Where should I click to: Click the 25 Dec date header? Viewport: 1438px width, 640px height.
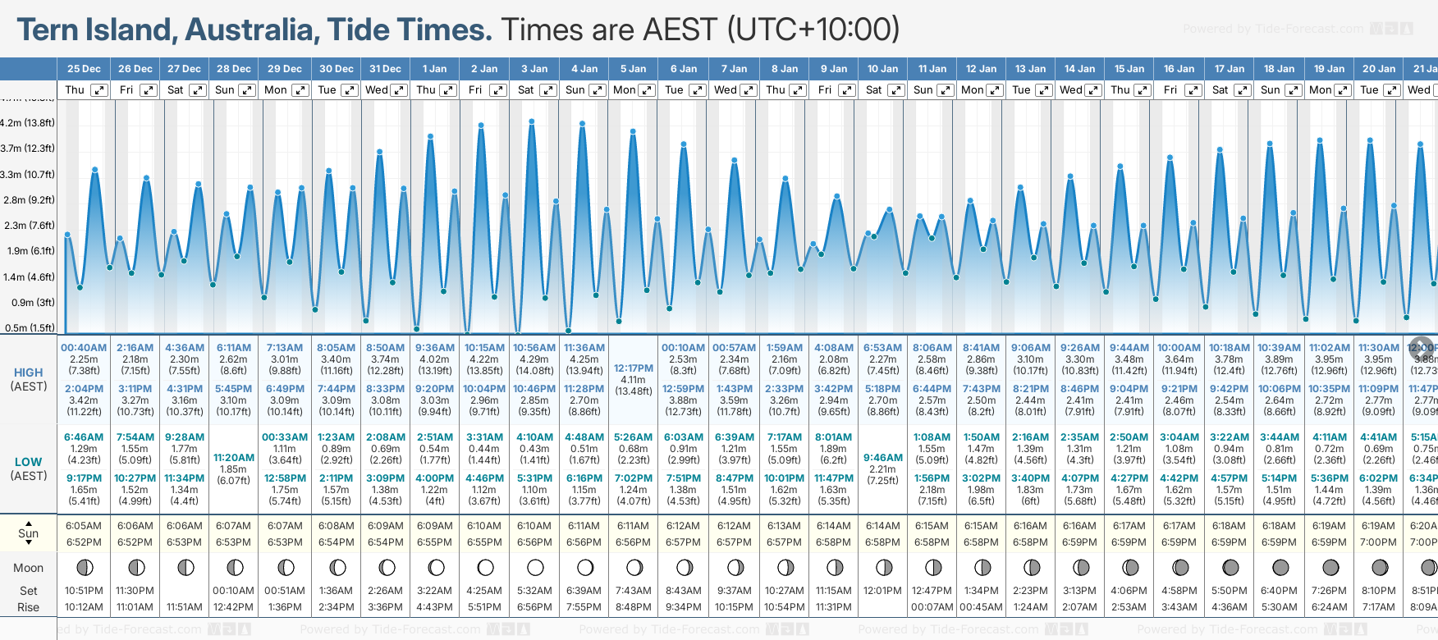click(x=84, y=69)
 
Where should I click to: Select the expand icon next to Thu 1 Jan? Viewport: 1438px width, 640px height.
click(x=447, y=90)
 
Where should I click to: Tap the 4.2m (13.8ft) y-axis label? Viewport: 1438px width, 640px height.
click(x=28, y=123)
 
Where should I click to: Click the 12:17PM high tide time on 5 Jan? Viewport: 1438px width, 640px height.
click(x=634, y=368)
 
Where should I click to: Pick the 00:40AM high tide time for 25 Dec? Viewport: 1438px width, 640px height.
click(x=84, y=348)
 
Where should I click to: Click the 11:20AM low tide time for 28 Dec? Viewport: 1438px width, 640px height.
click(x=234, y=458)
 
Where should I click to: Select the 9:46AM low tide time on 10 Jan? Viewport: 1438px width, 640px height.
click(x=882, y=458)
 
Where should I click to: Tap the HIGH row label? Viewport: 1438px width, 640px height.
click(x=29, y=373)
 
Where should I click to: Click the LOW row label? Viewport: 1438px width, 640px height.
click(x=29, y=462)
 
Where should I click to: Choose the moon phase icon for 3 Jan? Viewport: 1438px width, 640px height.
click(x=535, y=567)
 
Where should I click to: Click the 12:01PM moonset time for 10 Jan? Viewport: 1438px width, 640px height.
click(x=882, y=591)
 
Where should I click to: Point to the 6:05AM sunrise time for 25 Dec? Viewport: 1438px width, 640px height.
click(x=84, y=526)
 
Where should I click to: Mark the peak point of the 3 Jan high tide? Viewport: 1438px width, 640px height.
click(x=532, y=121)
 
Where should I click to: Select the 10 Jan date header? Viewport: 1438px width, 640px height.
click(x=883, y=69)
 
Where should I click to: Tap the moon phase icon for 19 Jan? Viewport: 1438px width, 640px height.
click(x=1330, y=567)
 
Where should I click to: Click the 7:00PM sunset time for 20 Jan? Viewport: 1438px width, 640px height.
click(x=1378, y=542)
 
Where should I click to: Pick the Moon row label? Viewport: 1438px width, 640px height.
click(x=29, y=568)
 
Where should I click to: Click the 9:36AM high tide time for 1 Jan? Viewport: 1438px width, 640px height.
click(x=435, y=348)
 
